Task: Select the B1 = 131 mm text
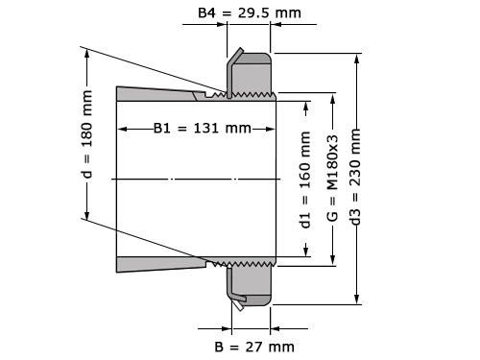coord(203,129)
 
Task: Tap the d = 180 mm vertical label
coord(87,134)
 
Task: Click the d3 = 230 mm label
coord(357,179)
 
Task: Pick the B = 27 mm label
coord(253,346)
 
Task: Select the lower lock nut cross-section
coord(252,282)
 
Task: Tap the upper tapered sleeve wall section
coord(158,93)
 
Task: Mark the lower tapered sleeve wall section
coord(158,264)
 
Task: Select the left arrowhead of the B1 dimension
coord(121,129)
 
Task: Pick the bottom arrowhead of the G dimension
coord(332,259)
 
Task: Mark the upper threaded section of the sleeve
coord(245,95)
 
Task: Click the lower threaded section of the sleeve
coord(245,261)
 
